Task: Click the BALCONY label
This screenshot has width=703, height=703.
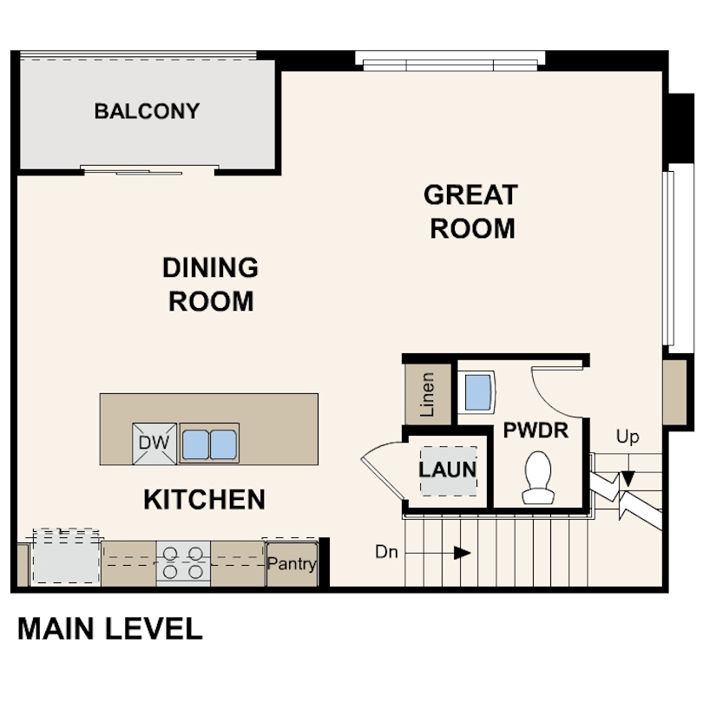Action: pyautogui.click(x=147, y=111)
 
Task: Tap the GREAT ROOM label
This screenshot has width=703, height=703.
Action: pyautogui.click(x=471, y=211)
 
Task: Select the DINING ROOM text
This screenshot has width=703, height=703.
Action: pyautogui.click(x=211, y=284)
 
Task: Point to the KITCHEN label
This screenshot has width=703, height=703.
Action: pyautogui.click(x=204, y=499)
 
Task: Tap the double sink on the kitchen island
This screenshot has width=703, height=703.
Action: pyautogui.click(x=209, y=443)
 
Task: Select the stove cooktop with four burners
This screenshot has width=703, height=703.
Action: pyautogui.click(x=183, y=562)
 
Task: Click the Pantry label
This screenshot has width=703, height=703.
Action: pyautogui.click(x=292, y=564)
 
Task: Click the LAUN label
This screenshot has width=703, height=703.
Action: pyautogui.click(x=448, y=470)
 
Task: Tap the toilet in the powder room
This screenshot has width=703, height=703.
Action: pyautogui.click(x=539, y=477)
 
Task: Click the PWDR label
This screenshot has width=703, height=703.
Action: pyautogui.click(x=535, y=429)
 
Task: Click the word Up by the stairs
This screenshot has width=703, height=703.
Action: pyautogui.click(x=627, y=436)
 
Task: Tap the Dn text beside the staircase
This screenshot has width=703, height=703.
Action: pyautogui.click(x=387, y=551)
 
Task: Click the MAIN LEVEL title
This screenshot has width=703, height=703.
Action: pyautogui.click(x=110, y=628)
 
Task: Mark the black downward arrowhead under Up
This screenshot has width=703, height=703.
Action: pyautogui.click(x=627, y=478)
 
